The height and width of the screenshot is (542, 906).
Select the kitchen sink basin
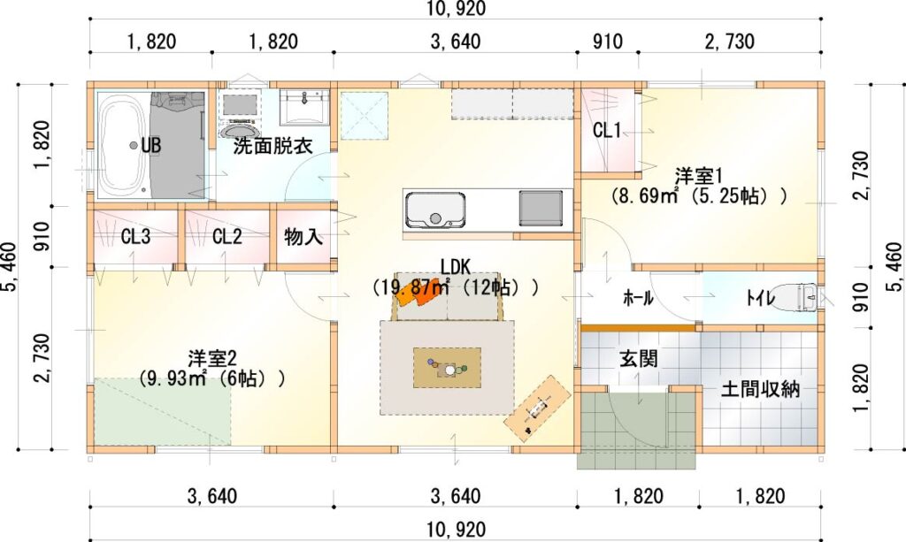tap(435, 210)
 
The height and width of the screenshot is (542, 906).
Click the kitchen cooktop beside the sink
tap(541, 208)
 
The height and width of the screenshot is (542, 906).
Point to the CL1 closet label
tap(607, 131)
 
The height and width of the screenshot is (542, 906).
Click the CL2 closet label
tap(227, 236)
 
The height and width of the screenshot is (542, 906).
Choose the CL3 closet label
tap(135, 236)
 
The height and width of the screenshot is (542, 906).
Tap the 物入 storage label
tap(303, 236)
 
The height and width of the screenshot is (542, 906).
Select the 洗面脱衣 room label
tap(273, 146)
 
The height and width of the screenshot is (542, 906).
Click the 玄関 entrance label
tap(639, 358)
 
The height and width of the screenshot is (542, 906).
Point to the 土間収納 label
tap(760, 389)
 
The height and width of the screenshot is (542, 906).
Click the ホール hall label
tap(638, 298)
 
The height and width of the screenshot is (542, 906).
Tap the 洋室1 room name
tap(699, 175)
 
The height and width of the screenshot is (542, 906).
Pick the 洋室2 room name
tap(212, 358)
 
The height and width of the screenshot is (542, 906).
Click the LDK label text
tap(456, 267)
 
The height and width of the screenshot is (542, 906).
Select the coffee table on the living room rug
tap(447, 368)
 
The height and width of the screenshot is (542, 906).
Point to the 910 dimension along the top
tap(608, 42)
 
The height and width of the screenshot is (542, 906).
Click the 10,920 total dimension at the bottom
tap(456, 529)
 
